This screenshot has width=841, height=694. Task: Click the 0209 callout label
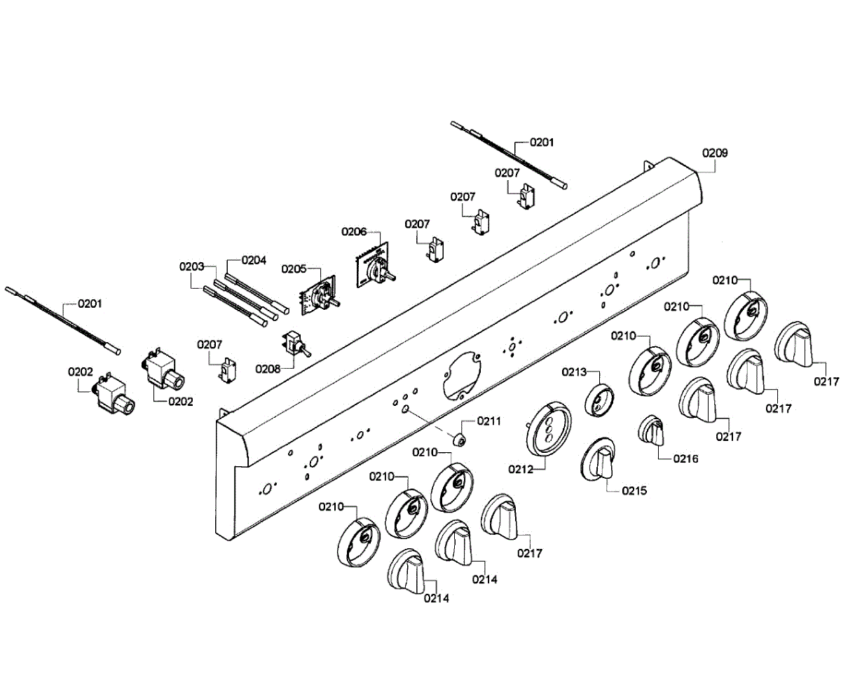tap(716, 153)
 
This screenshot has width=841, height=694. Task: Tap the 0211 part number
tap(488, 421)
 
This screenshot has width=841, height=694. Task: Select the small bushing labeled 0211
tap(460, 440)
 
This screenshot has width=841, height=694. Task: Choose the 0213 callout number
tap(573, 372)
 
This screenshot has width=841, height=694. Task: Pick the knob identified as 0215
tap(599, 461)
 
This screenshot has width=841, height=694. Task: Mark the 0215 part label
tap(633, 491)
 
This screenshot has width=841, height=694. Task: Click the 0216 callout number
tap(685, 459)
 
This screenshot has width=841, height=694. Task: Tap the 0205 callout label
tap(294, 268)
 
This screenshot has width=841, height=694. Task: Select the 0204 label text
tap(254, 260)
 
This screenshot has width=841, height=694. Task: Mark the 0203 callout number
tap(191, 267)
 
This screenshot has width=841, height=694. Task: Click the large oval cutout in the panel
tap(462, 374)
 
